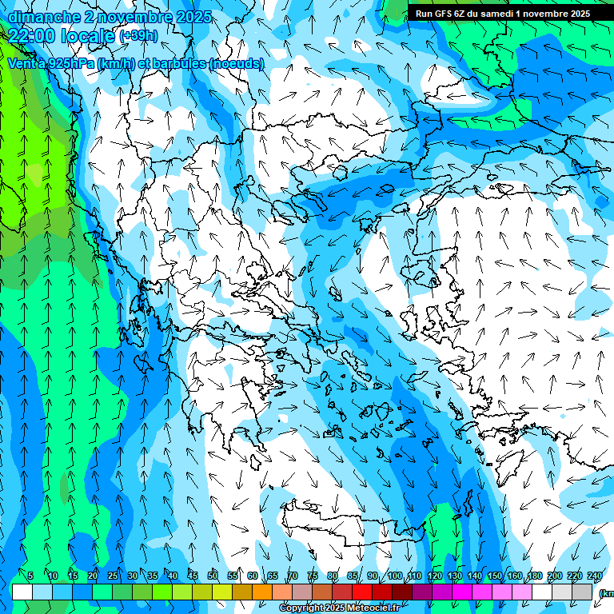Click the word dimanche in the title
pos(44,17)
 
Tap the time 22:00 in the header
pos(36,35)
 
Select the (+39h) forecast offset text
pos(138,36)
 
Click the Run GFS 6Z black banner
pos(502,14)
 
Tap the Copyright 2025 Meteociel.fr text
pos(339,608)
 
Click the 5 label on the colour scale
pos(30,576)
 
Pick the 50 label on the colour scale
pos(212,576)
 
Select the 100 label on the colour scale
pos(394,576)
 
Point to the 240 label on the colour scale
pos(594,576)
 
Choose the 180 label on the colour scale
pos(535,576)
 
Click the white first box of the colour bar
pos(22,592)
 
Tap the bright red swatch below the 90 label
pos(362,592)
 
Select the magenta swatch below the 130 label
pos(462,592)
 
